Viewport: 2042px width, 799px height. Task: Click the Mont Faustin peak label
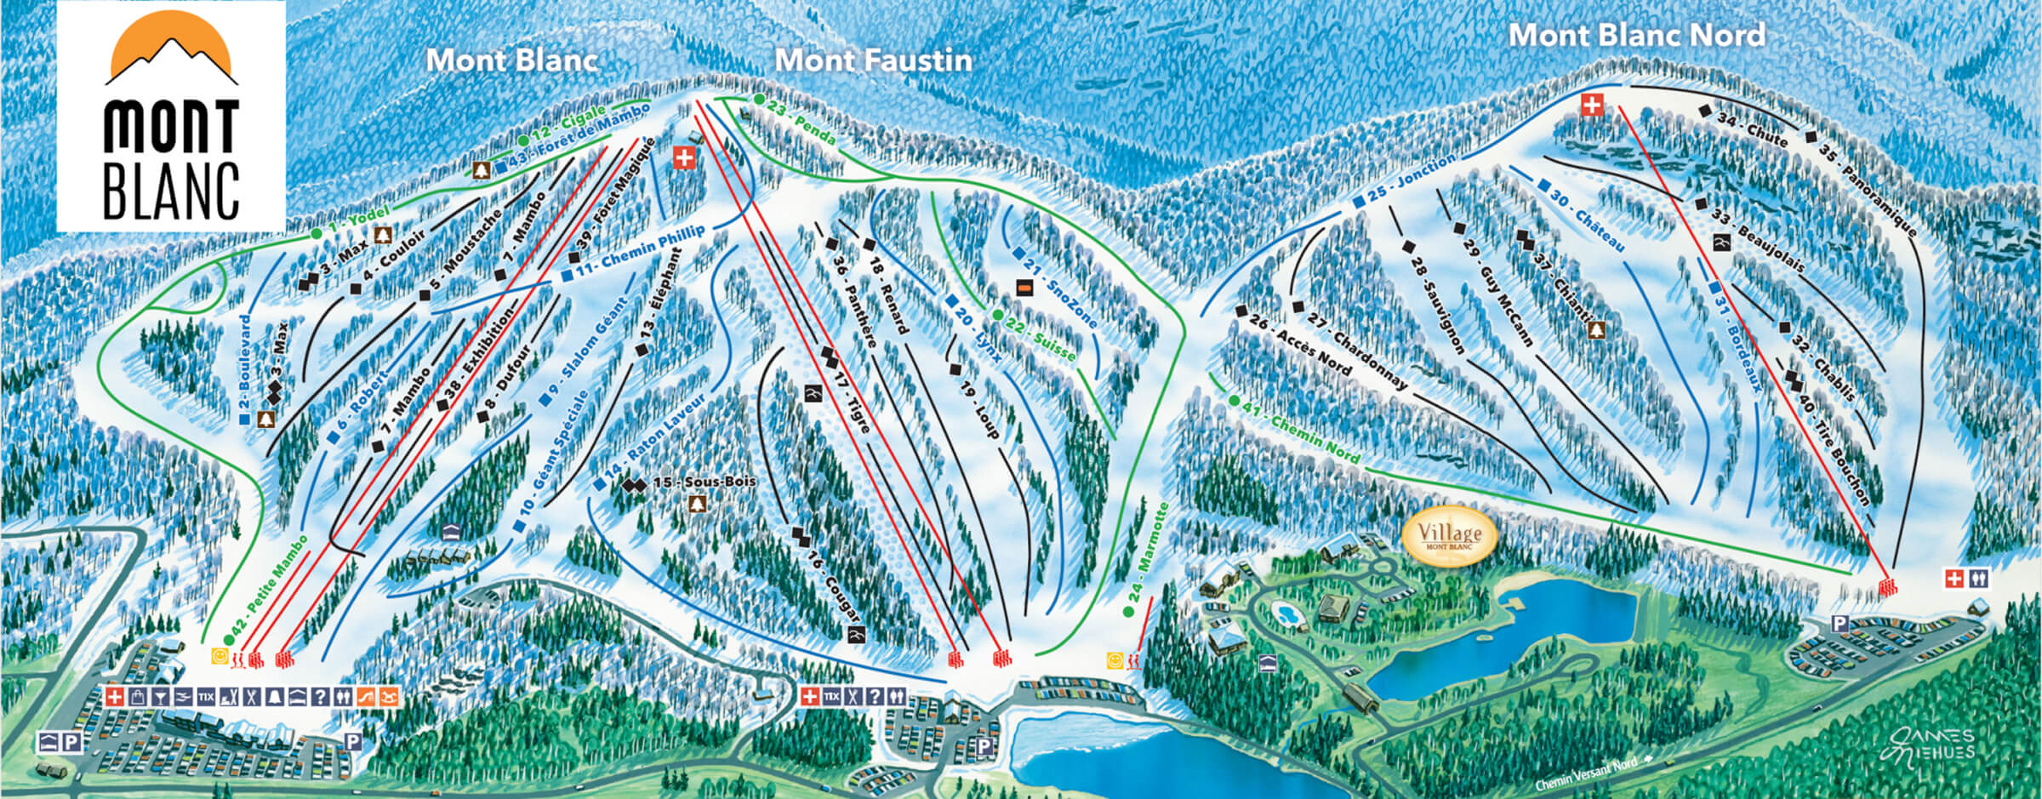[x=873, y=60]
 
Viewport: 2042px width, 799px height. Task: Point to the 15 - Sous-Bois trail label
[x=703, y=482]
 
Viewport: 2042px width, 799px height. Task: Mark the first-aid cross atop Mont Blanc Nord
[x=1591, y=106]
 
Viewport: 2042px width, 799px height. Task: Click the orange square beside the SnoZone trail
[x=1025, y=288]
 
